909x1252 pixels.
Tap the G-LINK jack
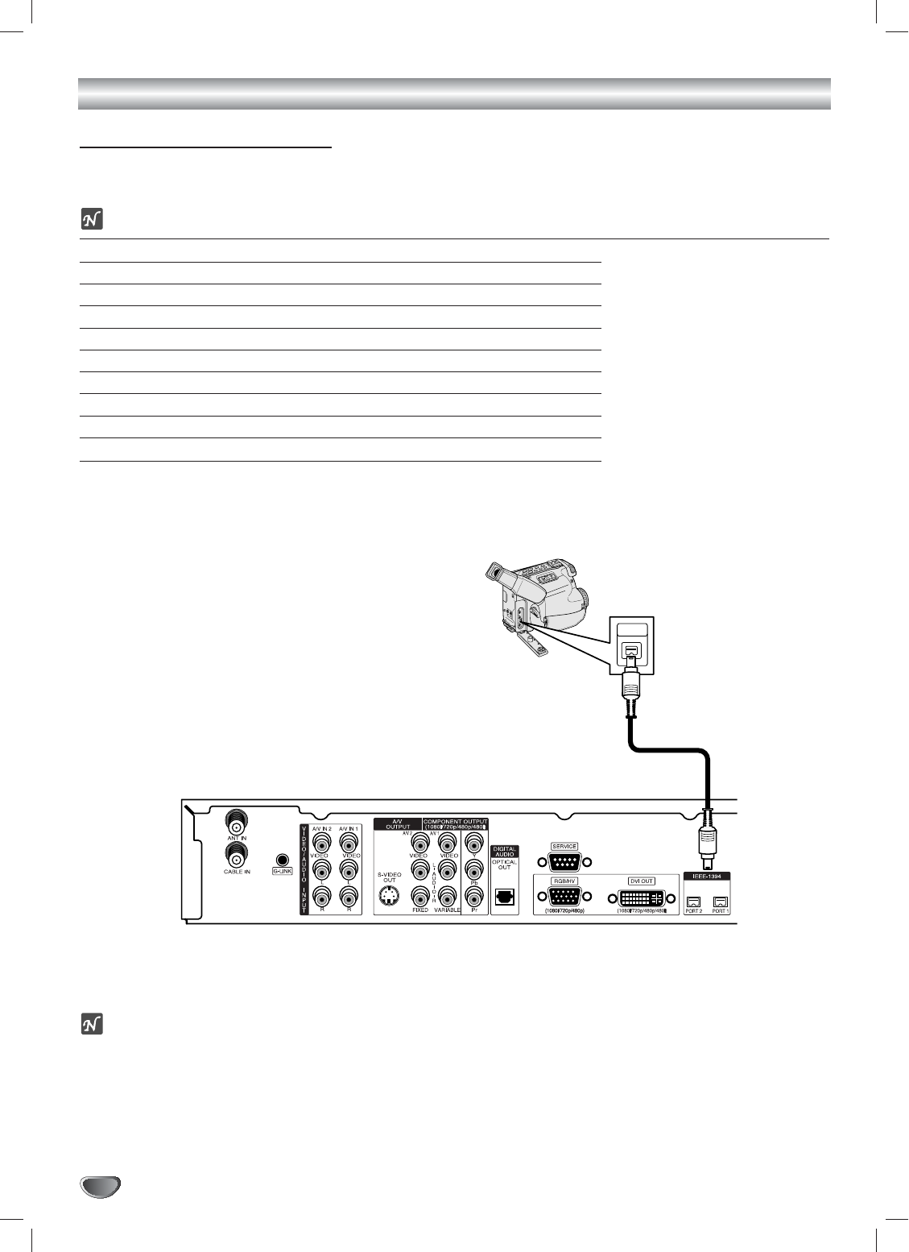pyautogui.click(x=282, y=860)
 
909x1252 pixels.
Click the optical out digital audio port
pyautogui.click(x=505, y=897)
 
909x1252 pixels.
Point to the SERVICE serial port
pyautogui.click(x=564, y=862)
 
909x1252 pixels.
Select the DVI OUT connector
pyautogui.click(x=642, y=898)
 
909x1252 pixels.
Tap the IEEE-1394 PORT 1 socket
pyautogui.click(x=720, y=902)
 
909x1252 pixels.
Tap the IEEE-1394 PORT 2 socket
pyautogui.click(x=693, y=902)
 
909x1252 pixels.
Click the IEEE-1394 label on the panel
pyautogui.click(x=706, y=876)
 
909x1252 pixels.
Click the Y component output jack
pyautogui.click(x=474, y=843)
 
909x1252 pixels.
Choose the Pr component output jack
pyautogui.click(x=474, y=895)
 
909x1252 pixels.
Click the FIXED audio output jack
pyautogui.click(x=419, y=895)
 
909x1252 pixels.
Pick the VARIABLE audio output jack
pyautogui.click(x=447, y=895)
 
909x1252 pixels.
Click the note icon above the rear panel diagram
pyautogui.click(x=92, y=219)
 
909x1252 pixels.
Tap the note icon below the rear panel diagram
pyautogui.click(x=92, y=1025)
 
